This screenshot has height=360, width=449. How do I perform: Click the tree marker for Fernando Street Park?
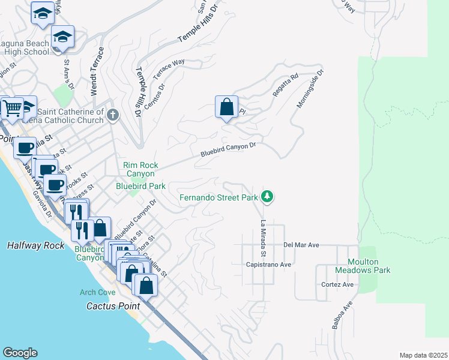(267, 196)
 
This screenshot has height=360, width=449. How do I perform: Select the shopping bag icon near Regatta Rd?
(226, 108)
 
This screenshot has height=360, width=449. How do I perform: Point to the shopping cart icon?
(11, 108)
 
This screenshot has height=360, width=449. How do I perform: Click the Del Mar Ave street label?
(301, 245)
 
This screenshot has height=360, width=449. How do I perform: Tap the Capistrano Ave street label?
(268, 264)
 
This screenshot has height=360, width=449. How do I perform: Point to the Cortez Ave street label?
(337, 284)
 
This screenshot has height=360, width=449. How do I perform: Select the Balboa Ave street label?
(339, 317)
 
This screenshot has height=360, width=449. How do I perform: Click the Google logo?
(20, 353)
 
